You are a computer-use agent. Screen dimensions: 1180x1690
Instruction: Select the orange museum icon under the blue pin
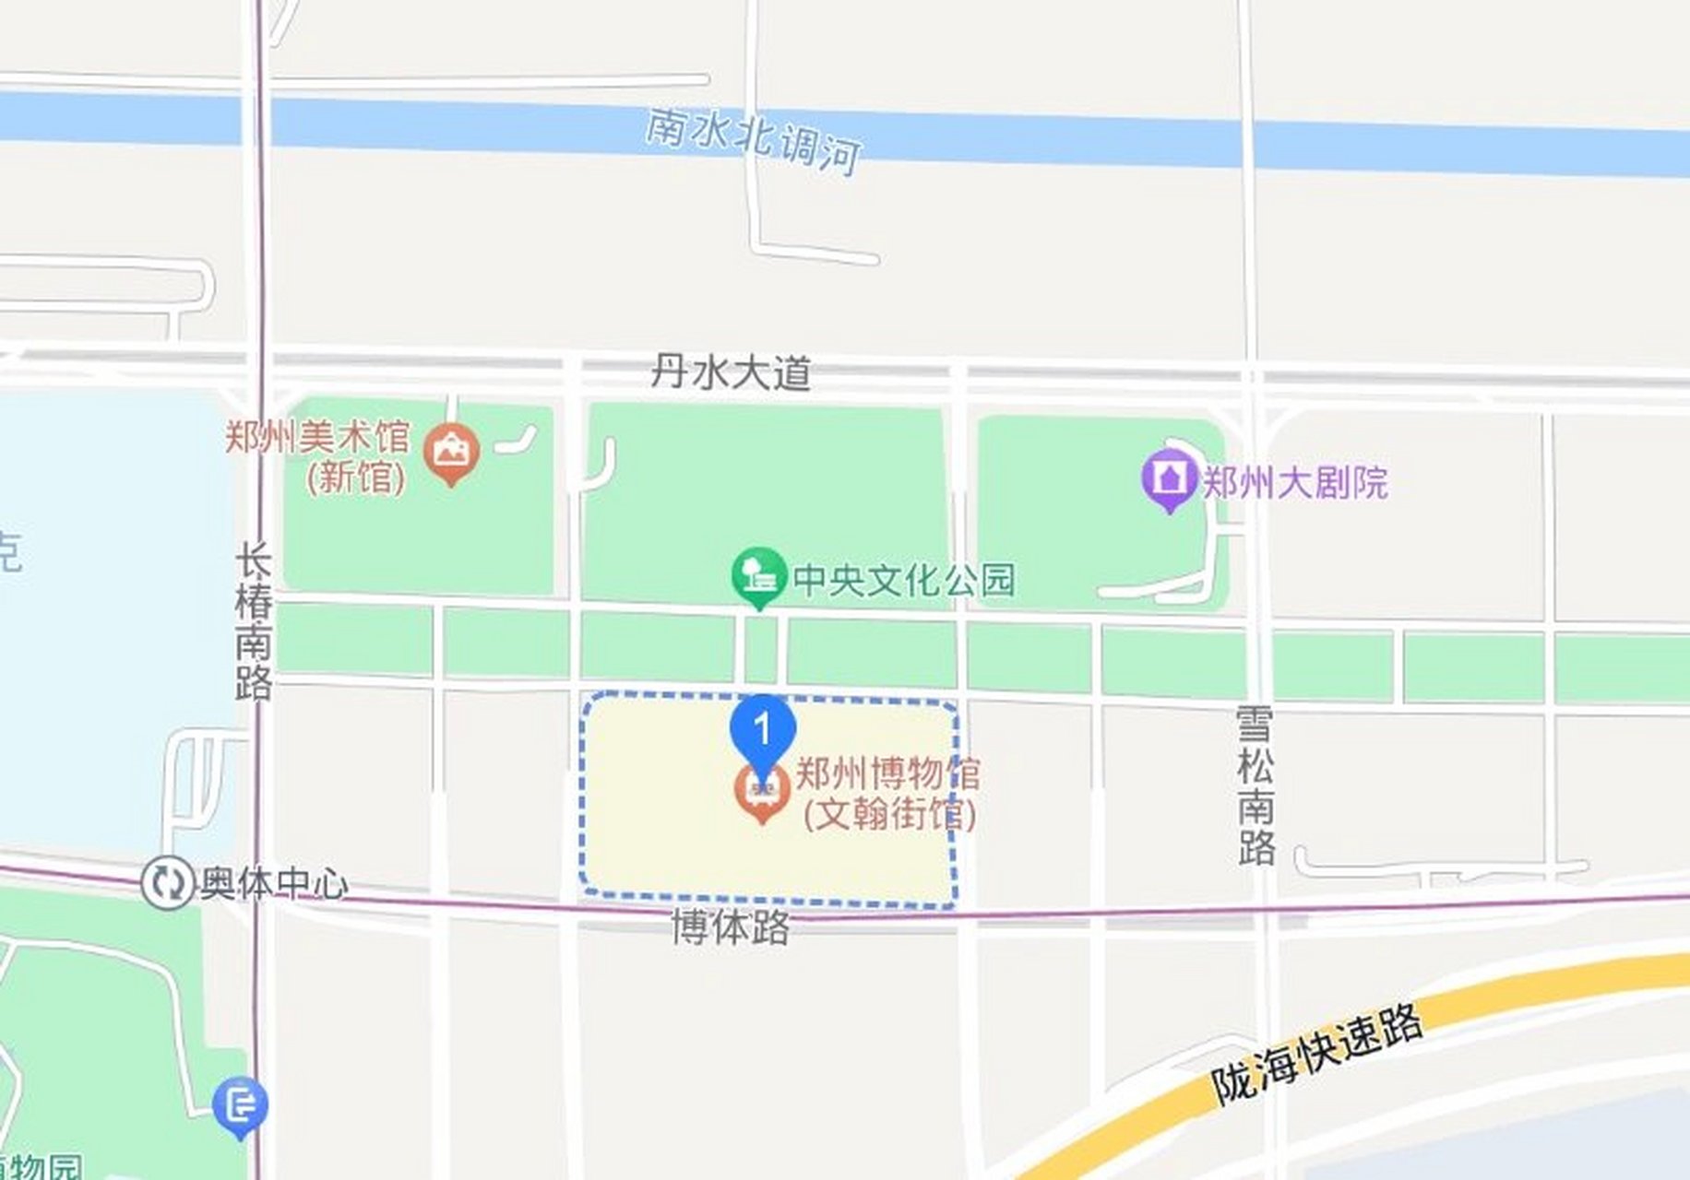click(x=762, y=793)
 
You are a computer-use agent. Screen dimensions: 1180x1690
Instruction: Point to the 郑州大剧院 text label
click(x=1294, y=482)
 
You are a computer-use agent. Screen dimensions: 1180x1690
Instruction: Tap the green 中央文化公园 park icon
click(x=758, y=575)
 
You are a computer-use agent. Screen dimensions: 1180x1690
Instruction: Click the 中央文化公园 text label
click(x=904, y=580)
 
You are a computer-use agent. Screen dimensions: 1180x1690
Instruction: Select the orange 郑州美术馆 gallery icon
click(x=451, y=452)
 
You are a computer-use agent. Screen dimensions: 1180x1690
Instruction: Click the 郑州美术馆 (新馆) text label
click(x=318, y=456)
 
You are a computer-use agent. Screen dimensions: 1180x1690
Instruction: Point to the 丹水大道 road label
click(x=731, y=373)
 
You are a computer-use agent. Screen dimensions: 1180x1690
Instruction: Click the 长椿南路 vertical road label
click(x=254, y=622)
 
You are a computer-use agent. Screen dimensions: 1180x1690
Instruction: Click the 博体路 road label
click(x=730, y=927)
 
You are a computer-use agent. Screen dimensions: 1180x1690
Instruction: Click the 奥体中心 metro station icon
click(x=167, y=883)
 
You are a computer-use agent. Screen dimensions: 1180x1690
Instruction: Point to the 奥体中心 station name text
click(x=275, y=883)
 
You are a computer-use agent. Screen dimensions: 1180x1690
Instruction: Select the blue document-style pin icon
click(x=240, y=1104)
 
